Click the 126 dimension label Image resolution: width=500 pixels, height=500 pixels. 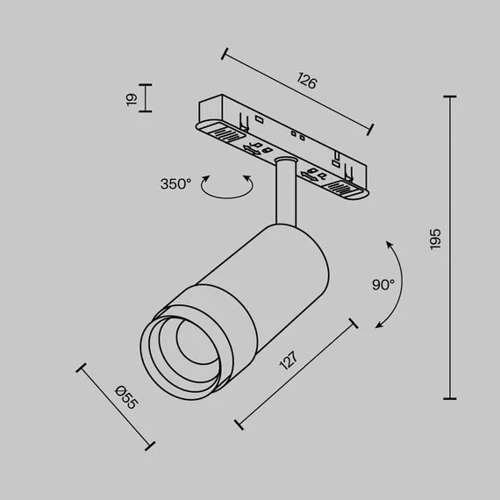tap(306, 83)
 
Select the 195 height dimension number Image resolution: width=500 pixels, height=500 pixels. tap(436, 240)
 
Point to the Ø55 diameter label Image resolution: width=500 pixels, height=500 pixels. tap(127, 400)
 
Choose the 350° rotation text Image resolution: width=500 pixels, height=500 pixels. tap(175, 184)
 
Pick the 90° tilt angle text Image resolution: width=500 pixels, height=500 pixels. tap(383, 285)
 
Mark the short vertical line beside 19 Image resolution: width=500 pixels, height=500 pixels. tap(146, 98)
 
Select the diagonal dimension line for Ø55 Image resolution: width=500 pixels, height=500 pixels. tap(116, 406)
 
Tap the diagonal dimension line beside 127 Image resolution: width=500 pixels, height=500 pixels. tap(297, 374)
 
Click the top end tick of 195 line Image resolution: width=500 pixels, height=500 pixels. tap(452, 97)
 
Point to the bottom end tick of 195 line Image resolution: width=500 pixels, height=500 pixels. tap(452, 398)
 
